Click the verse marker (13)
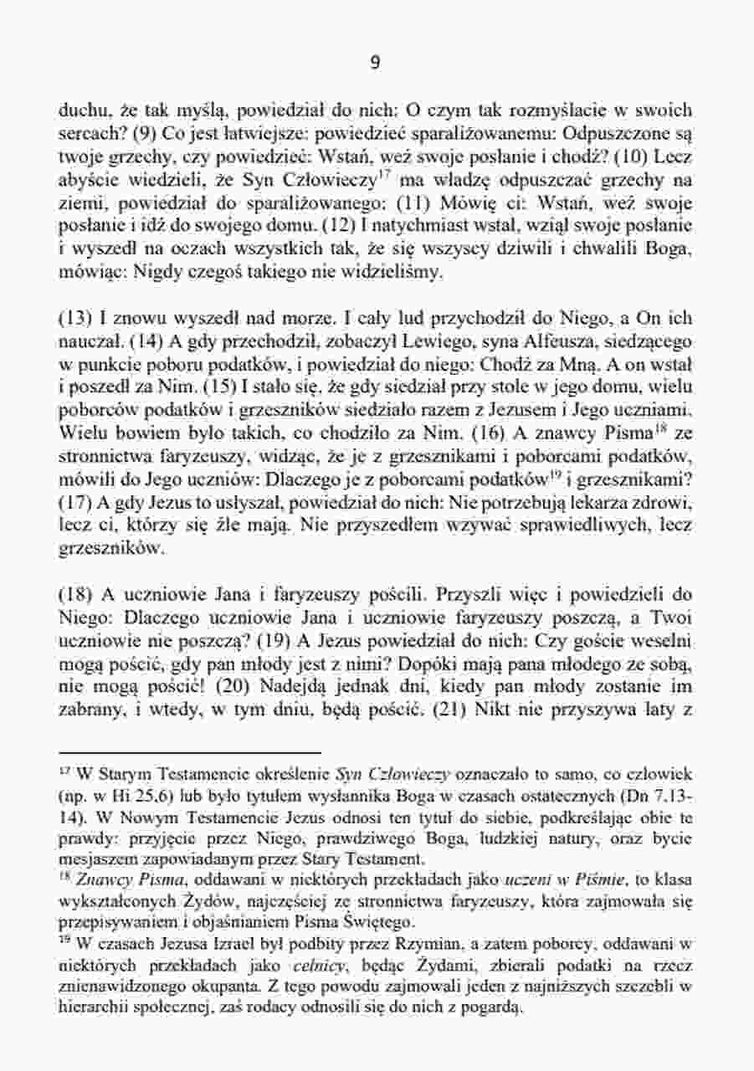(74, 318)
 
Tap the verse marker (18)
(74, 596)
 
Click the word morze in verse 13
(279, 318)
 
